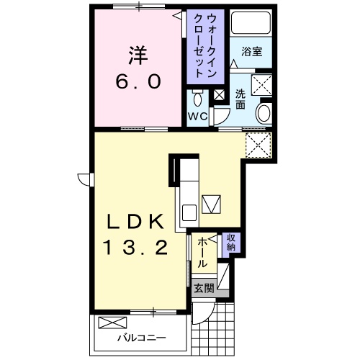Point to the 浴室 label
point(251,52)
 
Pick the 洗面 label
point(240,99)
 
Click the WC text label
point(199,116)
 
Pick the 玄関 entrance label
point(204,288)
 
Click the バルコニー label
point(143,337)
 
